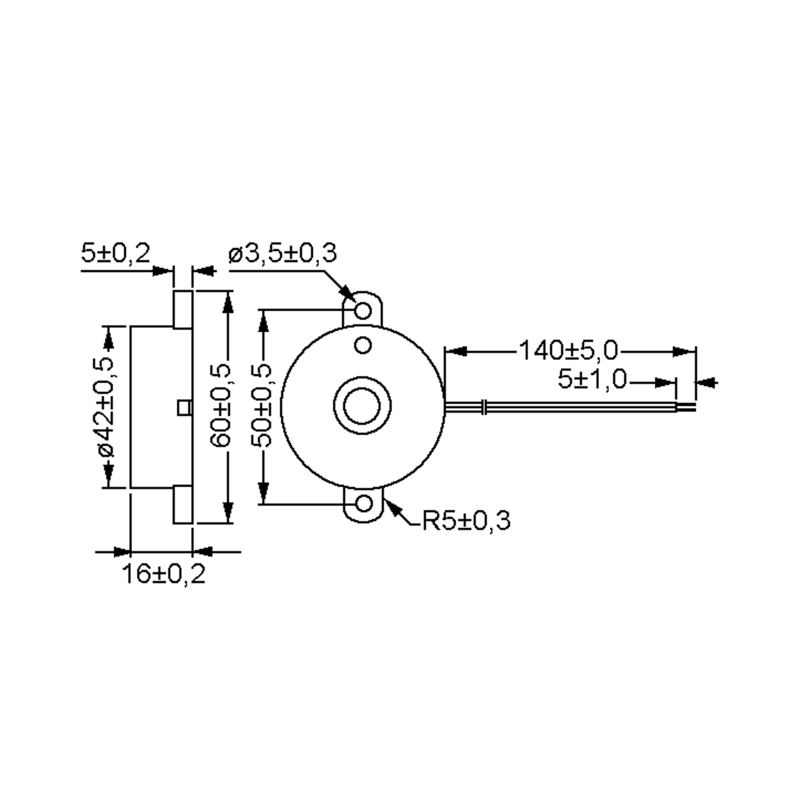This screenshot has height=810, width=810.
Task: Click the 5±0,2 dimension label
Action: (115, 253)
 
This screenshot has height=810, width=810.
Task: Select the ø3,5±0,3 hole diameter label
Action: (282, 253)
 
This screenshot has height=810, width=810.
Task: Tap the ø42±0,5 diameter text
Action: (106, 407)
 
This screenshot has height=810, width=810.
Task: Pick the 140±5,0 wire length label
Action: (568, 351)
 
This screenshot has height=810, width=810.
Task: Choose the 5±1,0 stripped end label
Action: (592, 379)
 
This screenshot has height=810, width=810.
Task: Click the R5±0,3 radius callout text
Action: (466, 521)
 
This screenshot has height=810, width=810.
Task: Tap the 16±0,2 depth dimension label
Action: (163, 574)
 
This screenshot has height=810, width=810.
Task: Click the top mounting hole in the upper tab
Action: (363, 310)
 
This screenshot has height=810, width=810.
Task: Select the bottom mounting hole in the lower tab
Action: (363, 504)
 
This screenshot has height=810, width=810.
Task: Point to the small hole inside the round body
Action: (363, 346)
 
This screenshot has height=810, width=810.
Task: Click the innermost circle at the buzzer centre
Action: (362, 406)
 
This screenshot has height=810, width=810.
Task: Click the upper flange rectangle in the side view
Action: (183, 309)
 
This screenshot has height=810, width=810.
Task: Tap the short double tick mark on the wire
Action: (485, 407)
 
